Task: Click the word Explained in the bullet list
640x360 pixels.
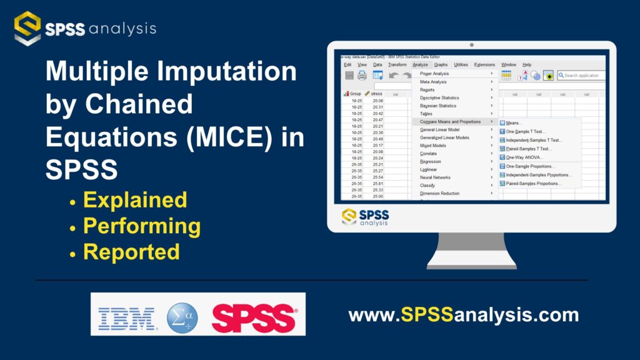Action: (135, 200)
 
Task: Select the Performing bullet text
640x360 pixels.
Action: (142, 226)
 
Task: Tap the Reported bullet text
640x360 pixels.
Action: (131, 252)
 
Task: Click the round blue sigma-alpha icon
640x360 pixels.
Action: (182, 318)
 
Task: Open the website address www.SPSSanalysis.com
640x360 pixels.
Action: (463, 314)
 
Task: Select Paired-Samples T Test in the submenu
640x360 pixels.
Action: (529, 149)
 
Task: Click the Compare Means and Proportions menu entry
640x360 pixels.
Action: (450, 122)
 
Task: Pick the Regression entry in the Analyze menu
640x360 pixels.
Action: (431, 162)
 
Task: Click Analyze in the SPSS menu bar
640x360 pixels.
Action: (420, 64)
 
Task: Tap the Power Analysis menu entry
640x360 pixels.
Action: (434, 74)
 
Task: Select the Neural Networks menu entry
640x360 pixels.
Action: (435, 177)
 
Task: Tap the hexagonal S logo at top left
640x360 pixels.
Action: (27, 28)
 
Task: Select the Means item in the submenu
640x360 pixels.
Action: (514, 123)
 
